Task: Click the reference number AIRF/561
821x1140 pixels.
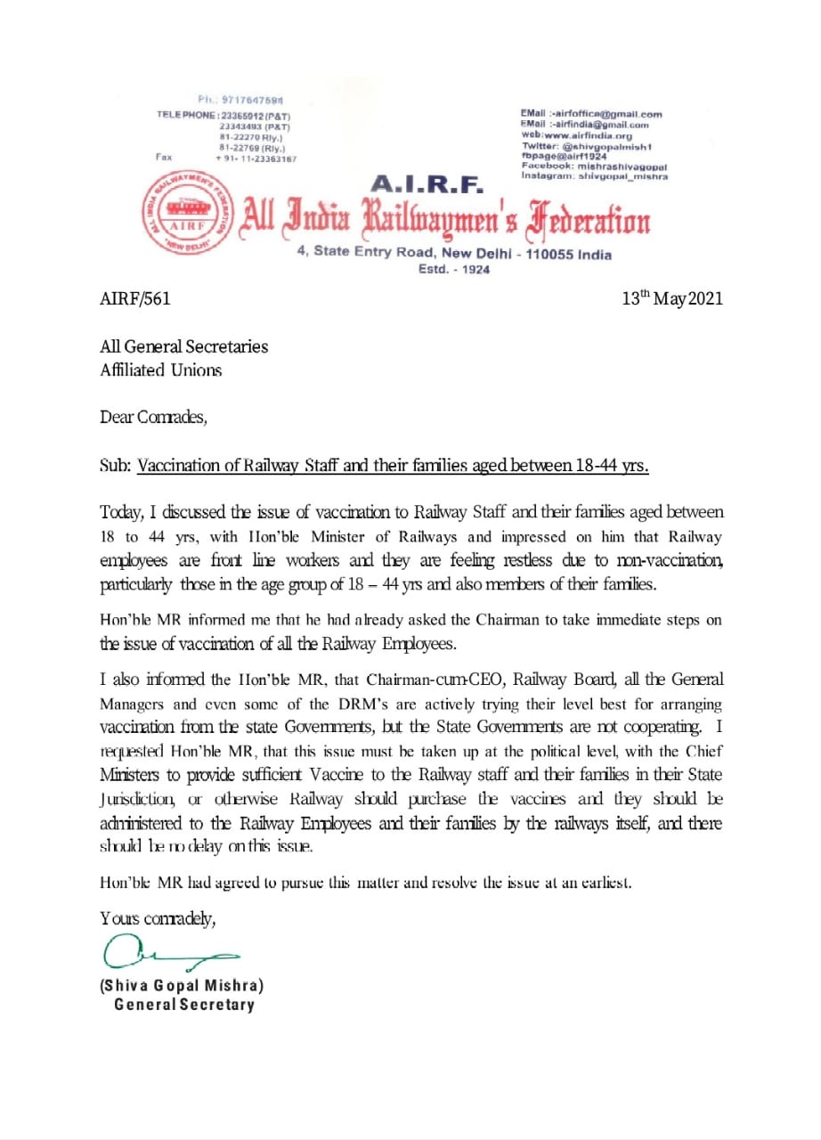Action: pos(134,298)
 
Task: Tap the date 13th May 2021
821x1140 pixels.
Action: pos(672,298)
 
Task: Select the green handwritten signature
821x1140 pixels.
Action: pos(169,954)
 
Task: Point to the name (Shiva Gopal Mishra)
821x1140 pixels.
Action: pos(182,986)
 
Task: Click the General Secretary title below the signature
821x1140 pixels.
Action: pos(183,1005)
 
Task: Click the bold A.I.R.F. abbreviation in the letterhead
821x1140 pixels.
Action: pos(426,184)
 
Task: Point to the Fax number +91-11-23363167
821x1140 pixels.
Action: pos(256,158)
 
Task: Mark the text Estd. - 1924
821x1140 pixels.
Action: pos(454,269)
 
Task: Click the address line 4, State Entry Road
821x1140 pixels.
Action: pos(454,253)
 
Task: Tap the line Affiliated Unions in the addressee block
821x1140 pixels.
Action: pos(160,370)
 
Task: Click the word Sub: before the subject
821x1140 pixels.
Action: pos(116,466)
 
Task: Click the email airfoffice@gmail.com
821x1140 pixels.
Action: pos(591,114)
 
